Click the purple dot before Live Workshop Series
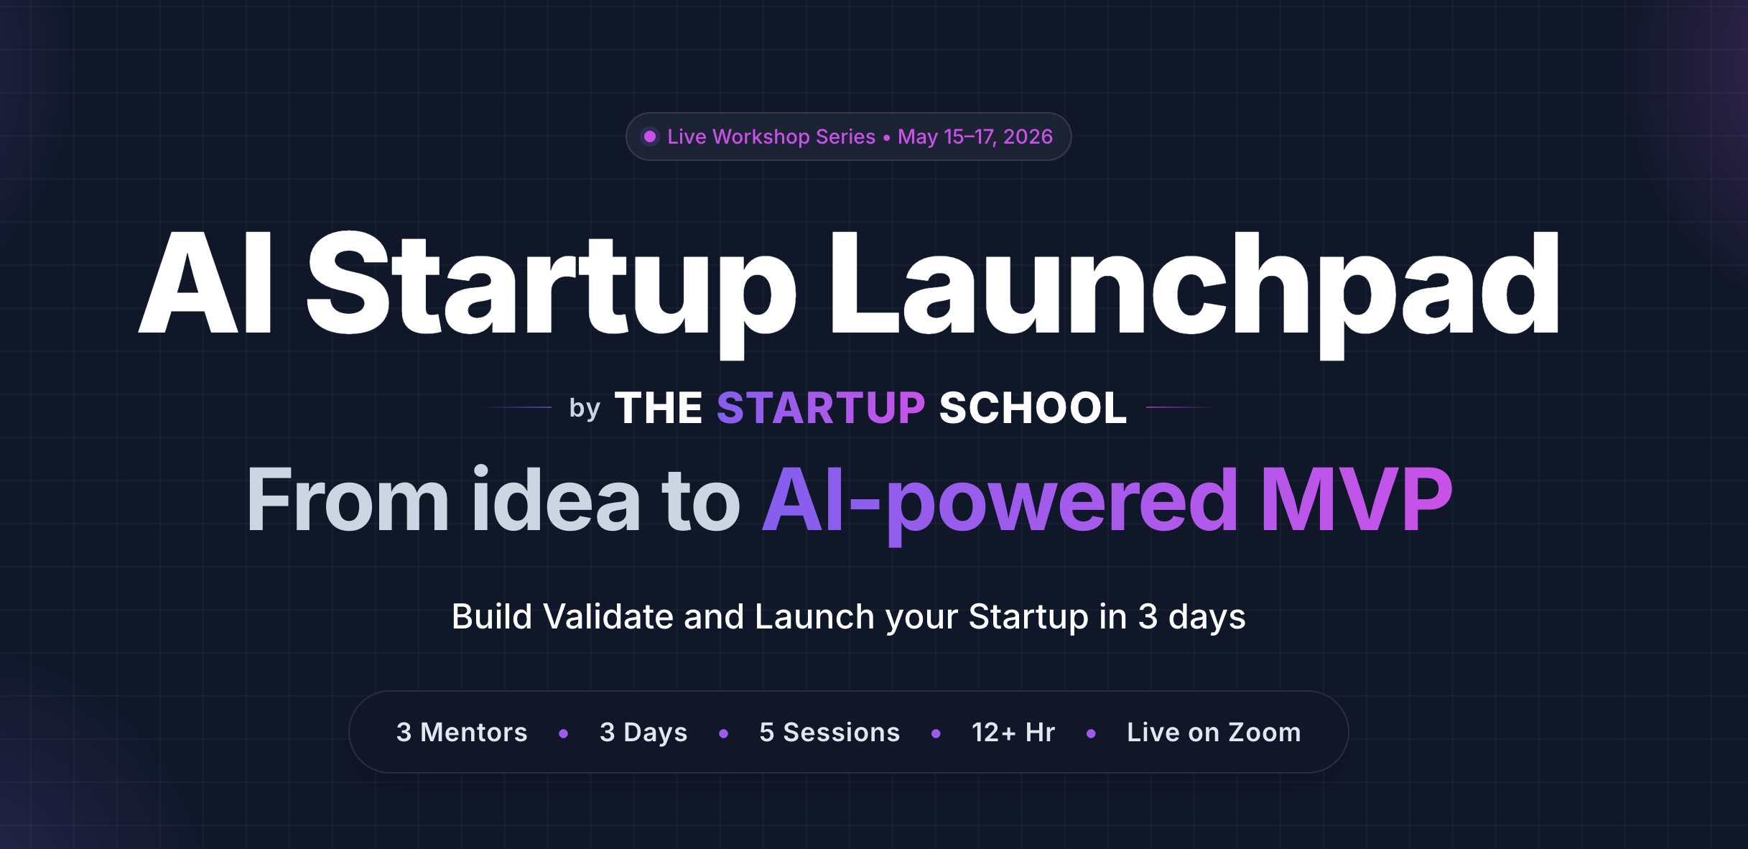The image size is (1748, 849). click(650, 136)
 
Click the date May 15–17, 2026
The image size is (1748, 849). click(975, 136)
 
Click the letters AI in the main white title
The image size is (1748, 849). click(205, 283)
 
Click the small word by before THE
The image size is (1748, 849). click(585, 408)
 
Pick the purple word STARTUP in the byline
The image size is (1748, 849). click(821, 408)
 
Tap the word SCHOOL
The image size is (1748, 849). click(1033, 408)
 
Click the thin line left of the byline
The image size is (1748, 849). click(519, 407)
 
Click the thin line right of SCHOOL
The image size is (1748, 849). click(1179, 407)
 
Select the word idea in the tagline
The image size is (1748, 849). click(555, 498)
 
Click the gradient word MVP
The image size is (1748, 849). click(1357, 498)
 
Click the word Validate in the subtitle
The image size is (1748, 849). click(608, 616)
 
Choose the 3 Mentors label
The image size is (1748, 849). click(462, 732)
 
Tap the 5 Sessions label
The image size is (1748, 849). click(829, 732)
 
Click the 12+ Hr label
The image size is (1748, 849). click(1013, 732)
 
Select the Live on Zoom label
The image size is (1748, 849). click(1214, 732)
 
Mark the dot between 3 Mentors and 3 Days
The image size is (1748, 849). click(564, 733)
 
